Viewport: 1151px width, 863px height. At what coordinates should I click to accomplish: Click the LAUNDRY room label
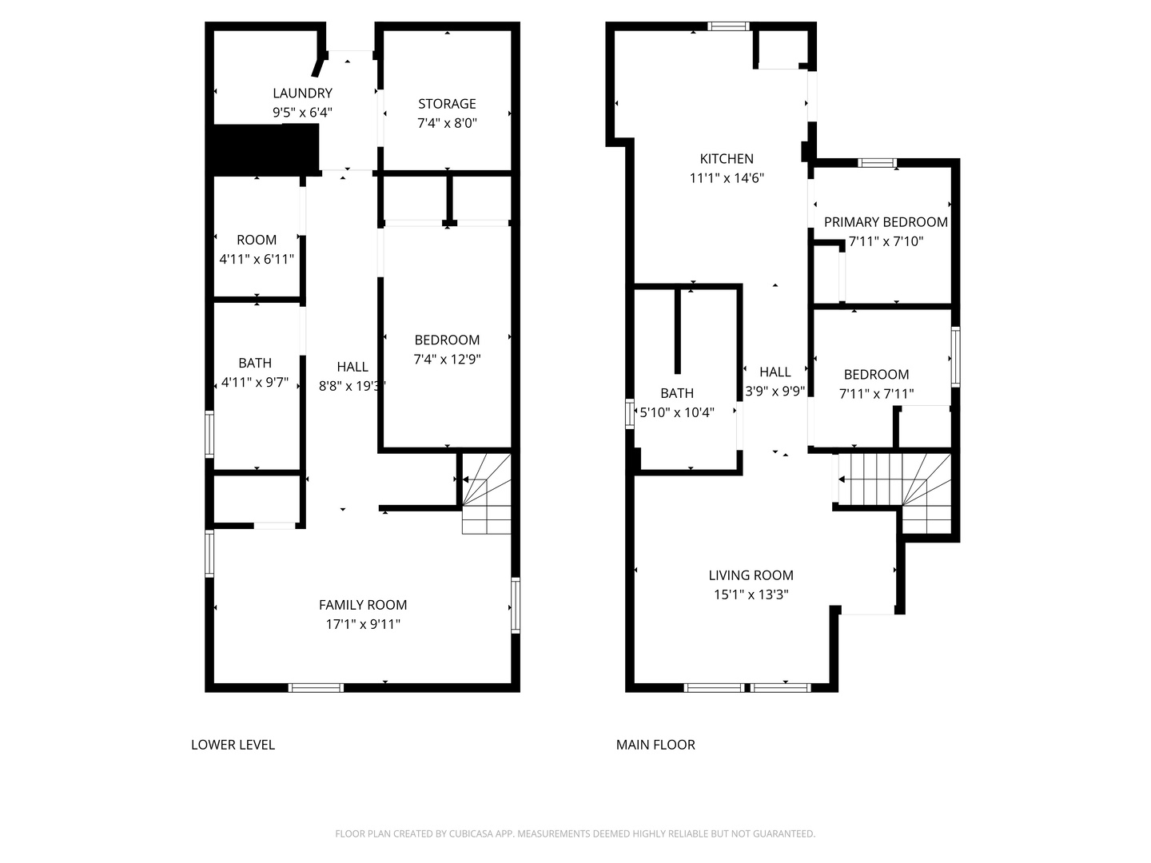[302, 93]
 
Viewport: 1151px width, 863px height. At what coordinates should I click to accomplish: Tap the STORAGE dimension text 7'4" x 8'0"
[447, 123]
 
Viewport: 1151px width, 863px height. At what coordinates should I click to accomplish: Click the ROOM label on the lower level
[257, 240]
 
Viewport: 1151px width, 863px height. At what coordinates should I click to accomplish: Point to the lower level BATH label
[255, 363]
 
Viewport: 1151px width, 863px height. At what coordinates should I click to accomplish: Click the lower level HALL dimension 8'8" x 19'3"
[352, 386]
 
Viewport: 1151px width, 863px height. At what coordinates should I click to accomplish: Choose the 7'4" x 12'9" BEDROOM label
[447, 340]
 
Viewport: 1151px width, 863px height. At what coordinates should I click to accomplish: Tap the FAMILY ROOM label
[363, 605]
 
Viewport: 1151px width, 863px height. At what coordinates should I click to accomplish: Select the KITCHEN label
[727, 158]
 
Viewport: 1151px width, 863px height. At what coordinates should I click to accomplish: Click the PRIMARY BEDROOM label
[886, 222]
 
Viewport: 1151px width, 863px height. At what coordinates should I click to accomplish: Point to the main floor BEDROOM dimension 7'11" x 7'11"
[876, 393]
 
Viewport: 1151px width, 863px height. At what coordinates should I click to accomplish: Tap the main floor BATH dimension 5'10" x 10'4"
[677, 412]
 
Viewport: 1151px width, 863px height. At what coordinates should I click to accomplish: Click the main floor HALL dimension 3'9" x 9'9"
[775, 391]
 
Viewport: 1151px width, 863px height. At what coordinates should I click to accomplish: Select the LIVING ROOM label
[751, 575]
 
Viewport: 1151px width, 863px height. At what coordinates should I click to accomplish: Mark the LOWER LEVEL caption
[233, 745]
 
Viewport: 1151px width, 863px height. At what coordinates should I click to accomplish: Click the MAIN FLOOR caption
[655, 745]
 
